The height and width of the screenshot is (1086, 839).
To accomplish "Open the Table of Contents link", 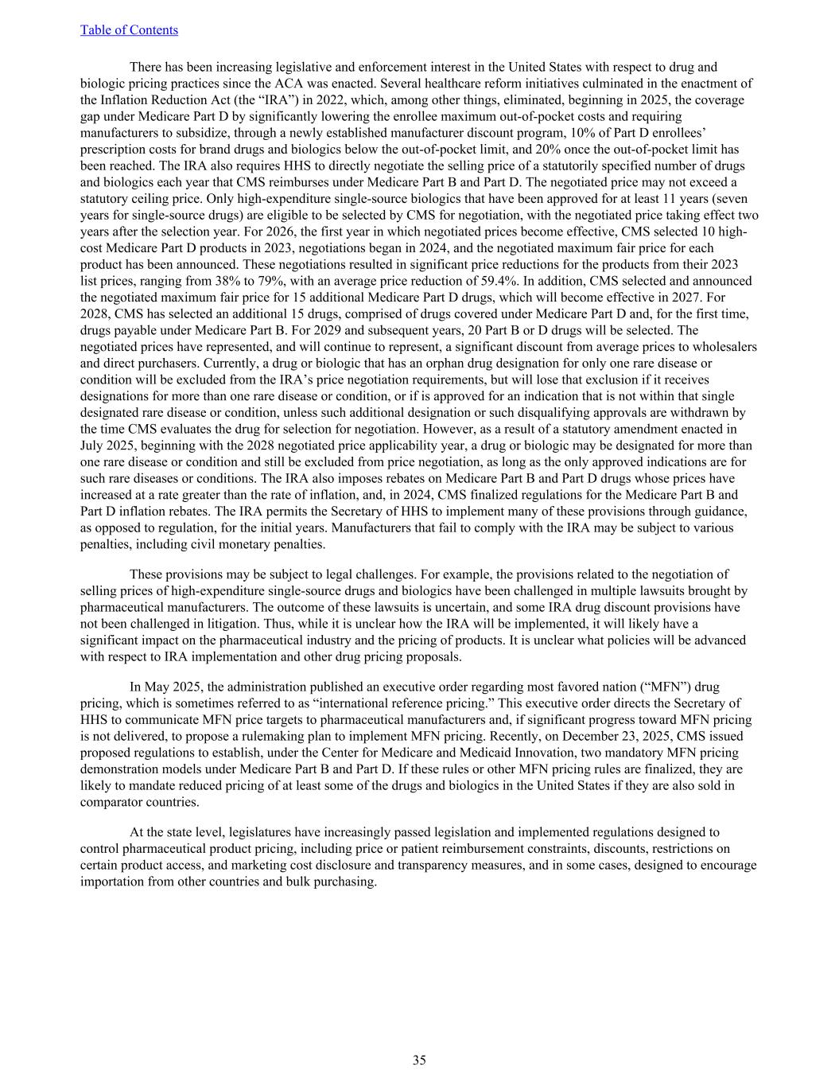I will pyautogui.click(x=129, y=30).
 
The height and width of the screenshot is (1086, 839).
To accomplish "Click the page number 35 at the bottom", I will pyautogui.click(x=419, y=1060).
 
